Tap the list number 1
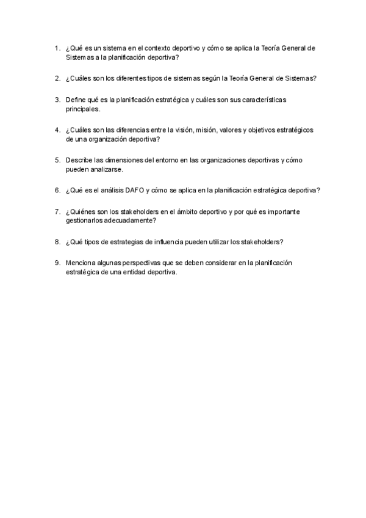[56, 48]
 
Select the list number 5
[56, 160]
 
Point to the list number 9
[56, 263]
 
